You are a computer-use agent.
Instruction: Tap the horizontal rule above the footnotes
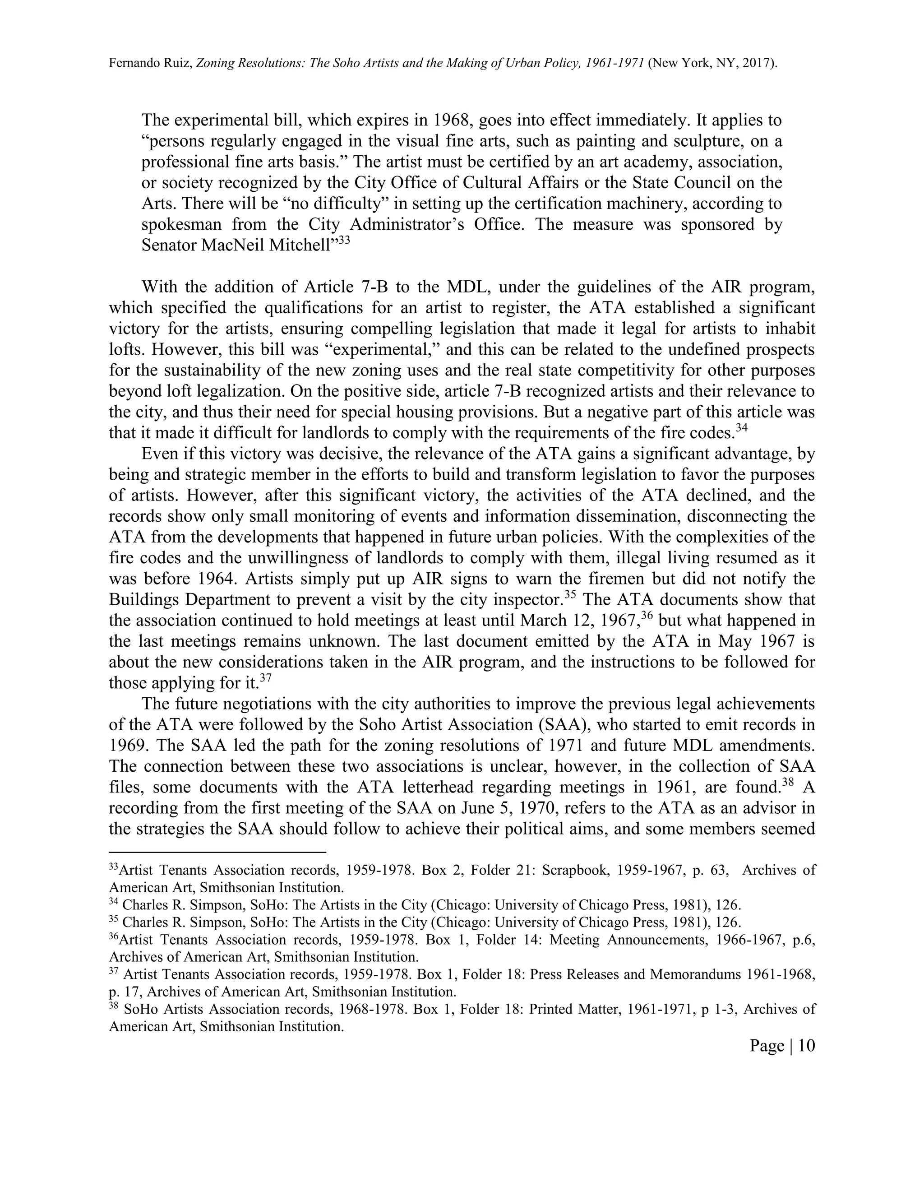217,852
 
